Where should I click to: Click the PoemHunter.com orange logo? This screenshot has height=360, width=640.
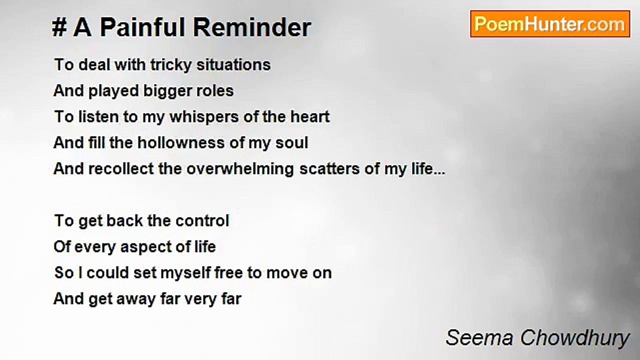tap(550, 24)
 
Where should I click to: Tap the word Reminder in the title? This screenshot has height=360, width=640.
tap(252, 27)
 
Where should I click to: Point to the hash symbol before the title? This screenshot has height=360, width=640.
tap(59, 27)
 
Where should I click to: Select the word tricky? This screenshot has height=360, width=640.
tap(171, 65)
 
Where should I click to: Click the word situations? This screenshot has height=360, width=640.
tap(233, 64)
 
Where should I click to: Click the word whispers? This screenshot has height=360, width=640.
tap(204, 117)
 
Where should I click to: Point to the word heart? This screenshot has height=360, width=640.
tap(310, 117)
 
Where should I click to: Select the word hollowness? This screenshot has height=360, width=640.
tap(181, 142)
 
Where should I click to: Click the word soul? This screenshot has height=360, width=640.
tap(291, 142)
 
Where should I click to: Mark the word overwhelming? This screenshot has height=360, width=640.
tap(240, 169)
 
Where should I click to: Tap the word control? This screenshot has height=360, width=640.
tap(202, 221)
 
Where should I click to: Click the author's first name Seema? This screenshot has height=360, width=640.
tap(479, 338)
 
